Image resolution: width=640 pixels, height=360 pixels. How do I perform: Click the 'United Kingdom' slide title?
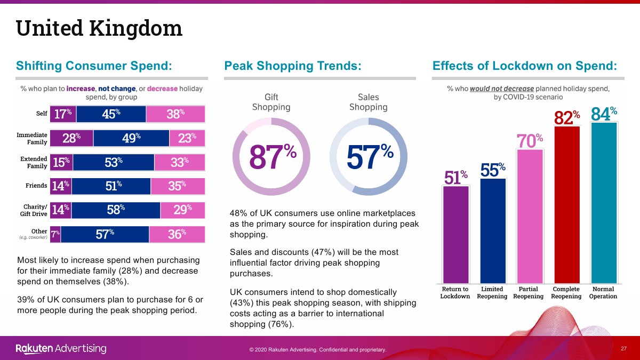[99, 28]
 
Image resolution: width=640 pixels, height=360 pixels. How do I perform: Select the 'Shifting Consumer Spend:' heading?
[94, 66]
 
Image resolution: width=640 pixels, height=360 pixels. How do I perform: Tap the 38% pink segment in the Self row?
[175, 114]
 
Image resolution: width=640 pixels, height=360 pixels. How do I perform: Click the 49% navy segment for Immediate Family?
[131, 138]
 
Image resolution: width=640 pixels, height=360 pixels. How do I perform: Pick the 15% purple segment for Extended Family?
[61, 163]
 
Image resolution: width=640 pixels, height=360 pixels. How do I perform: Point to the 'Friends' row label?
[36, 186]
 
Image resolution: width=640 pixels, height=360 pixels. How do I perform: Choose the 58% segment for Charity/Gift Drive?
[116, 210]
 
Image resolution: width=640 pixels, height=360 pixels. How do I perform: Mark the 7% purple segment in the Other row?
[55, 234]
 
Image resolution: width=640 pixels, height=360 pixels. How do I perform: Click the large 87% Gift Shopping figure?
[273, 156]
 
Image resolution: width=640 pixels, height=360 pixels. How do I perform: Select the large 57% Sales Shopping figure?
[369, 156]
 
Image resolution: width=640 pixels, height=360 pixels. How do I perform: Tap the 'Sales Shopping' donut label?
[368, 102]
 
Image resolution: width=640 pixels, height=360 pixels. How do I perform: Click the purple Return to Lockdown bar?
[455, 235]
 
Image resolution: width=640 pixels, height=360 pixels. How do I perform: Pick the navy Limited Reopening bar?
[493, 230]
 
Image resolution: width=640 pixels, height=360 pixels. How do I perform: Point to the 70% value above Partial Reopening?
[530, 141]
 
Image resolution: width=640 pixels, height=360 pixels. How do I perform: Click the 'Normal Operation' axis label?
[603, 293]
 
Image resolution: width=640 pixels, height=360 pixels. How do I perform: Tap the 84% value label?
[604, 114]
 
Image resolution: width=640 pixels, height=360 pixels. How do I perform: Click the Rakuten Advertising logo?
[61, 349]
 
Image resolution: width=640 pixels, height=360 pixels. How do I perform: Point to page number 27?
[623, 348]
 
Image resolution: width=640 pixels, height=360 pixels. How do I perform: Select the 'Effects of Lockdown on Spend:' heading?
[525, 66]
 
